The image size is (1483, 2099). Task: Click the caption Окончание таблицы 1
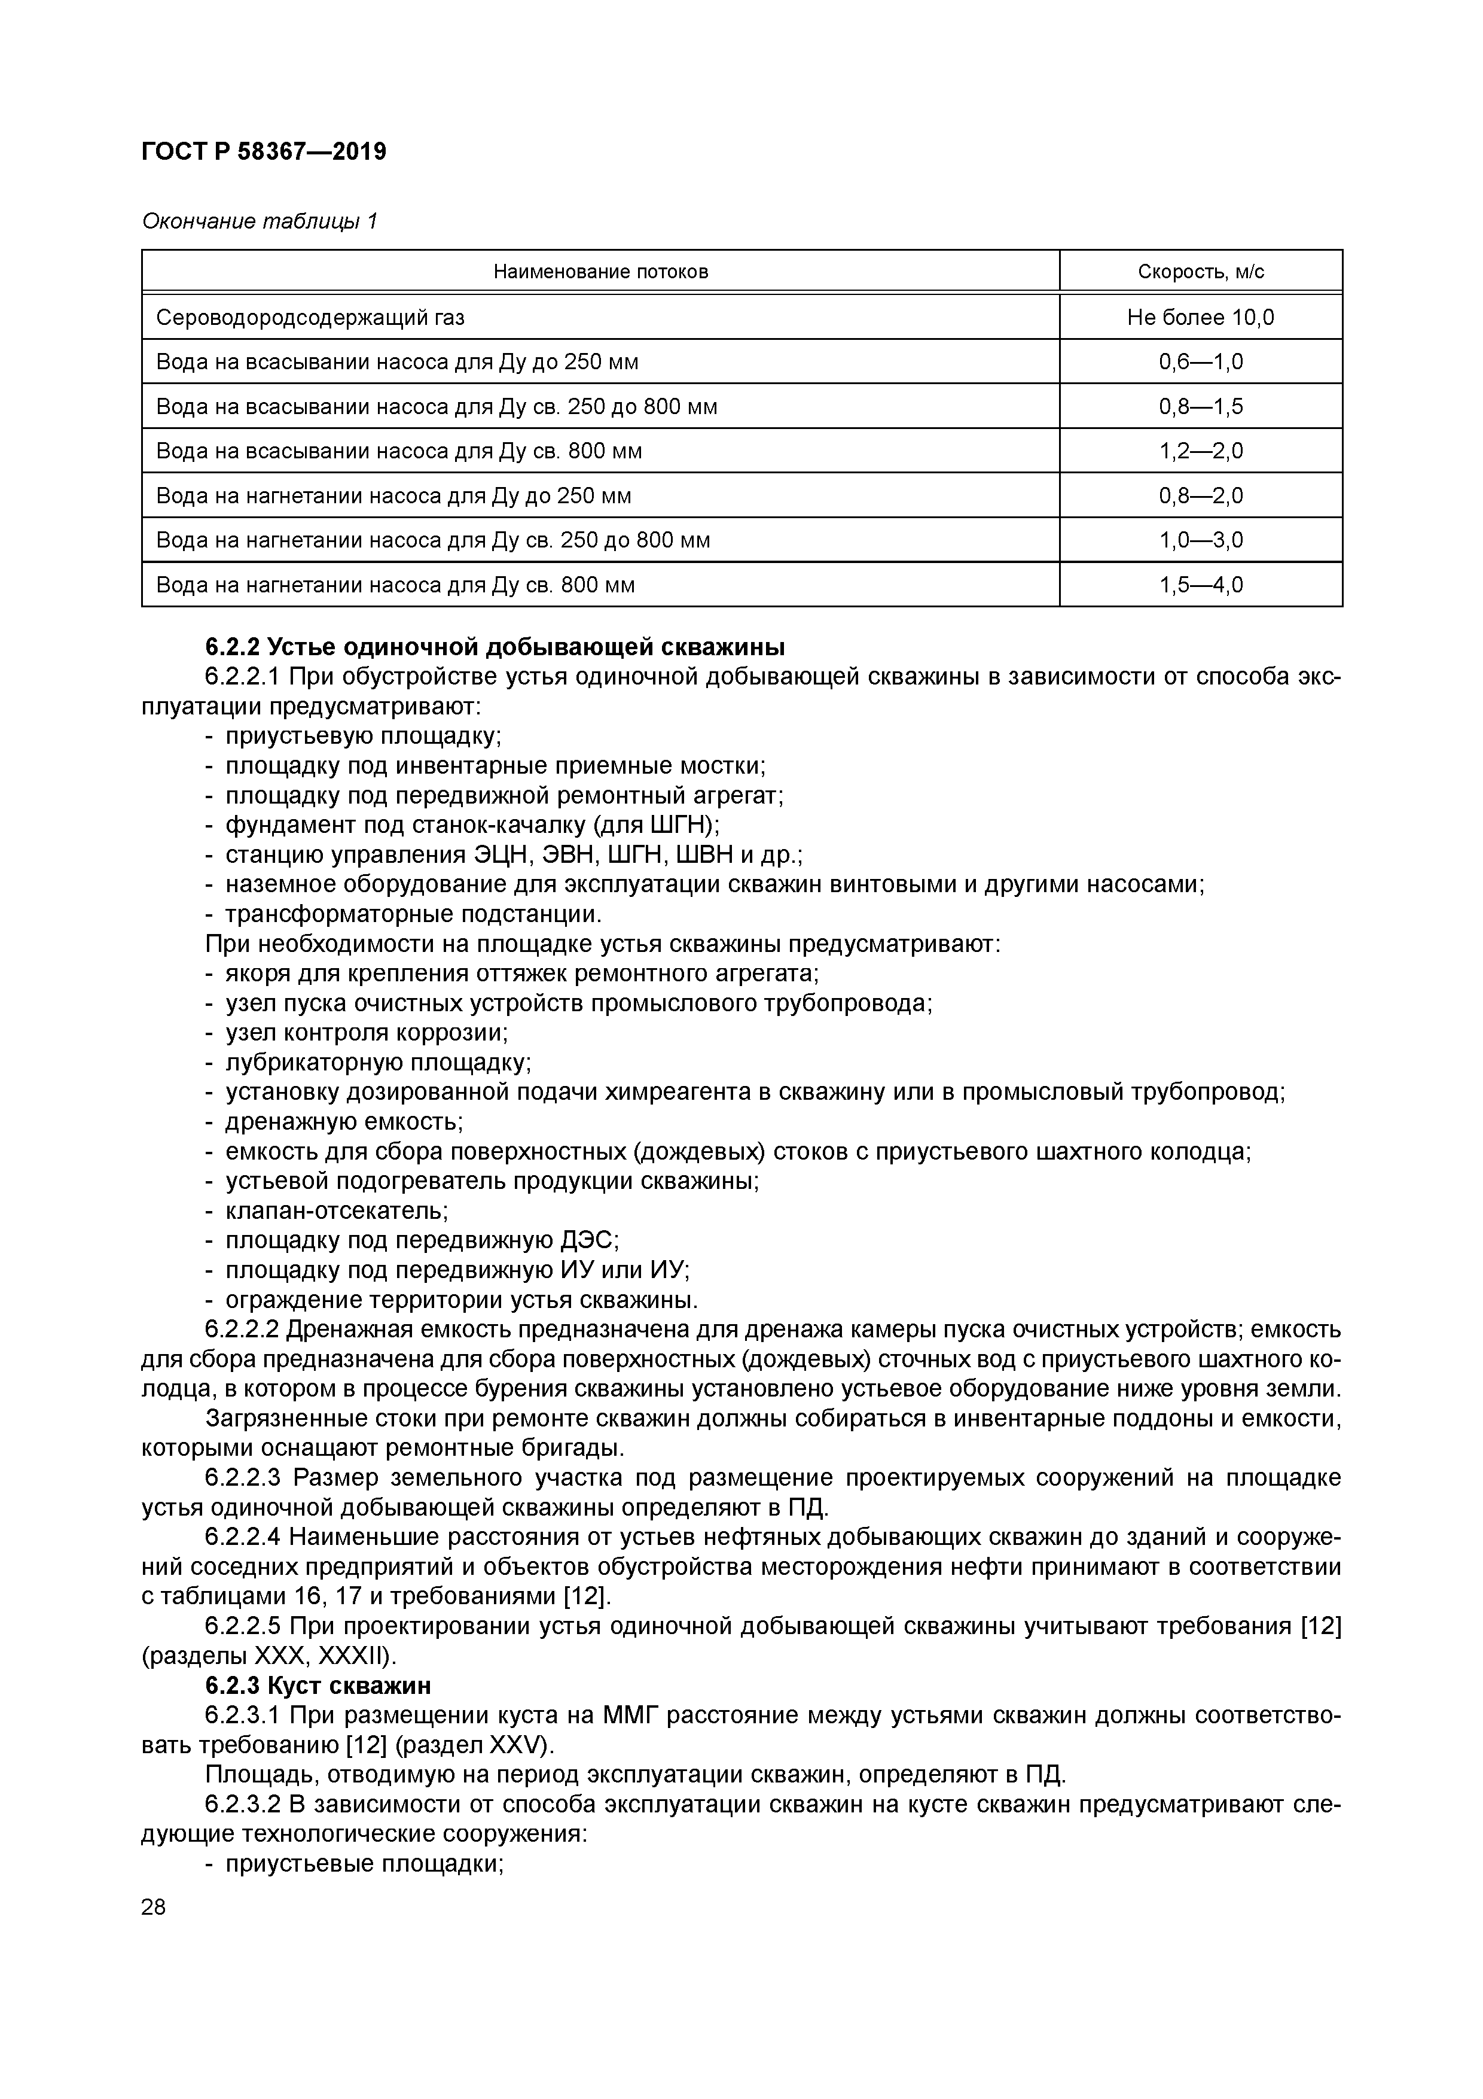[260, 221]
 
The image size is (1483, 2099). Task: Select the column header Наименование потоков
[600, 272]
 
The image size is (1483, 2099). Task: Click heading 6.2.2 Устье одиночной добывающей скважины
[495, 647]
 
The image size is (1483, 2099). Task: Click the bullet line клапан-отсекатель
[336, 1211]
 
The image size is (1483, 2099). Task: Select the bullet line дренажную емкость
[344, 1122]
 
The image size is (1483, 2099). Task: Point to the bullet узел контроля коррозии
[365, 1033]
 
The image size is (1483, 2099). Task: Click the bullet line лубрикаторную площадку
[377, 1062]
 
